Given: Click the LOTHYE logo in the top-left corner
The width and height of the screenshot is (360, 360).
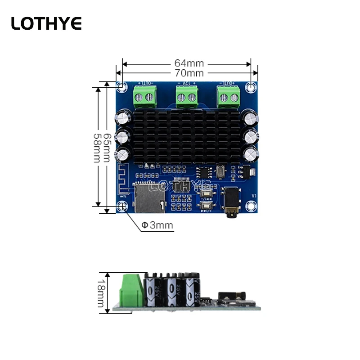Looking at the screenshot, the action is tap(46, 23).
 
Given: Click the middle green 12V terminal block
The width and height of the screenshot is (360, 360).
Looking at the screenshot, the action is tap(186, 96).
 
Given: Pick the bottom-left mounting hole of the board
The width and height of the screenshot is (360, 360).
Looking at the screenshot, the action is tap(122, 207).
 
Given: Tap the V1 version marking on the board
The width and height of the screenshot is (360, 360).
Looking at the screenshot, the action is tap(253, 196).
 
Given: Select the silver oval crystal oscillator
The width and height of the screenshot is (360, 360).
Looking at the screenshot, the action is tap(220, 171).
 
